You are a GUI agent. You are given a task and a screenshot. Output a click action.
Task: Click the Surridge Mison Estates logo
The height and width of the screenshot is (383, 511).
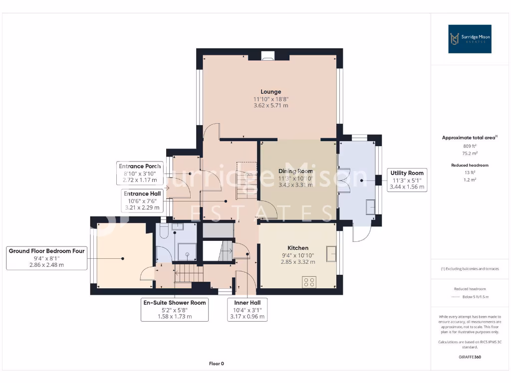click(x=470, y=39)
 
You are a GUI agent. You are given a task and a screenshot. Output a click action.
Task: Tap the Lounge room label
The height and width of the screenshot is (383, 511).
click(x=271, y=92)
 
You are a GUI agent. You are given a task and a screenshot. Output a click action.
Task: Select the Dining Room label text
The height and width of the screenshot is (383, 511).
click(x=295, y=171)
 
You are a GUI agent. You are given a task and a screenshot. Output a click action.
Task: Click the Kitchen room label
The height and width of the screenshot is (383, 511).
click(x=298, y=248)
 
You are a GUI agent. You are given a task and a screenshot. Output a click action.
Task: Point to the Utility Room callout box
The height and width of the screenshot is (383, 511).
click(x=407, y=180)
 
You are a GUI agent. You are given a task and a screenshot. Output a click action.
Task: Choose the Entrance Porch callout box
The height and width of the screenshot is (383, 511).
click(x=140, y=173)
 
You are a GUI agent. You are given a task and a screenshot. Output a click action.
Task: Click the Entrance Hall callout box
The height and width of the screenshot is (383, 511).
click(x=142, y=200)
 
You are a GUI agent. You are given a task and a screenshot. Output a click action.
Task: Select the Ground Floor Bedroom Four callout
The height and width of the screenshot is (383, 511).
click(x=46, y=258)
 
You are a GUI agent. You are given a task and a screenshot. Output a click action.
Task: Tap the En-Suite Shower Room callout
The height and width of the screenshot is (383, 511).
click(x=175, y=309)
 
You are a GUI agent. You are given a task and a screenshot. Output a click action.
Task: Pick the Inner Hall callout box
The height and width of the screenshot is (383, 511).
click(x=248, y=309)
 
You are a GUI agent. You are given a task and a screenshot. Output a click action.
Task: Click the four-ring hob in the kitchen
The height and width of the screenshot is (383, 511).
click(x=309, y=282)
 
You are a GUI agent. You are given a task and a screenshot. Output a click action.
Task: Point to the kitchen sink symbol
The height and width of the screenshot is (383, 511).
click(x=331, y=254)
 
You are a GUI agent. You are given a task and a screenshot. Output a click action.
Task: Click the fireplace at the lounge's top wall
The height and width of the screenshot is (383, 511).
click(x=268, y=56)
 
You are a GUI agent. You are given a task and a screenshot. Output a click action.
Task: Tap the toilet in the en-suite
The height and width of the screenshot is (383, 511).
click(x=164, y=230)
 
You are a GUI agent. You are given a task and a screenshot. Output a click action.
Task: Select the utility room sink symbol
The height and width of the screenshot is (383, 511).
click(x=370, y=207)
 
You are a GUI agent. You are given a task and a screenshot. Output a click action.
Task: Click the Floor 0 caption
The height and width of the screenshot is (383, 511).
click(x=217, y=364)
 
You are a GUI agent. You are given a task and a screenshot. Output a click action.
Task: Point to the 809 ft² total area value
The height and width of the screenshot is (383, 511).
click(x=470, y=146)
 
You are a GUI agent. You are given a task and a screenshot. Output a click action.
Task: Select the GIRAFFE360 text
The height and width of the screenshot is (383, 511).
click(x=470, y=357)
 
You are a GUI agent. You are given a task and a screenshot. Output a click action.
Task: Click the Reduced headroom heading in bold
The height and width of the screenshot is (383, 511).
click(x=470, y=165)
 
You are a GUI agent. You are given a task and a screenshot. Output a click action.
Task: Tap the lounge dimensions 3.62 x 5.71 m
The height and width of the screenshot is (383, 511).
click(x=271, y=106)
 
